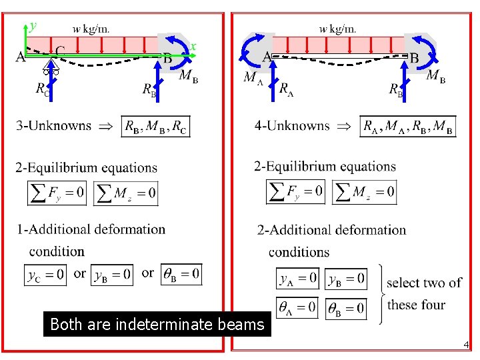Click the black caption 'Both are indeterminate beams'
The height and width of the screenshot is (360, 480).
(157, 325)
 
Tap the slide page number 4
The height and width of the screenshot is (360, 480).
(466, 345)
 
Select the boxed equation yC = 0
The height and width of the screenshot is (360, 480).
(46, 274)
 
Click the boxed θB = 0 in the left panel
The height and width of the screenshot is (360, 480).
(181, 274)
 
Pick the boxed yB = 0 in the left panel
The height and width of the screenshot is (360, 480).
(113, 274)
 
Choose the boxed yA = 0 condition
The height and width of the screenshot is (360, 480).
(297, 279)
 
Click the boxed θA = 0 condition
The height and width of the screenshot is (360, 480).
(297, 307)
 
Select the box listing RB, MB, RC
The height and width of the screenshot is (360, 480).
(155, 126)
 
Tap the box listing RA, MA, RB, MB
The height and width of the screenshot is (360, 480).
(408, 126)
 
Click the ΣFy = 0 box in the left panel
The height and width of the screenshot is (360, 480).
(57, 193)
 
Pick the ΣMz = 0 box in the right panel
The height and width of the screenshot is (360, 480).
(365, 192)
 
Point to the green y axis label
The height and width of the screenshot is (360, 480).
(33, 26)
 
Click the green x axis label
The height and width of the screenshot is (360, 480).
(193, 46)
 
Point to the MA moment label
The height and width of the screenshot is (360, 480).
(252, 78)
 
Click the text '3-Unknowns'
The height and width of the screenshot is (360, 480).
(53, 125)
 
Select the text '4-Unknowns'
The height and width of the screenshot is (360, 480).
(292, 125)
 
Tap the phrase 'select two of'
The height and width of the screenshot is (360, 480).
(424, 283)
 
